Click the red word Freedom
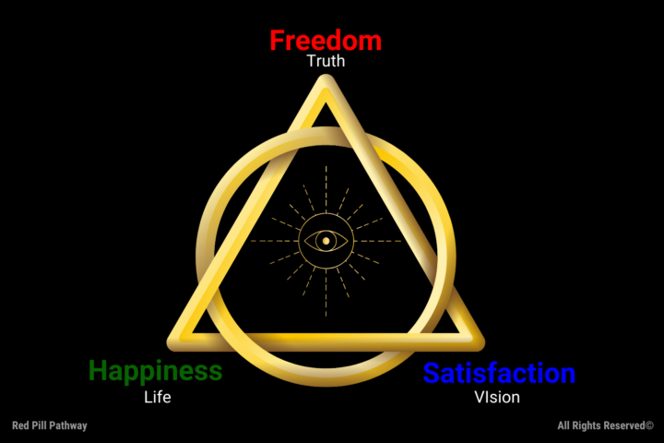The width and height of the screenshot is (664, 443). click(x=325, y=41)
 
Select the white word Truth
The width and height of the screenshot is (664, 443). click(x=325, y=63)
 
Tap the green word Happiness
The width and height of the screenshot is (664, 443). click(x=155, y=372)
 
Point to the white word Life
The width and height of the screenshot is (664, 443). click(x=158, y=398)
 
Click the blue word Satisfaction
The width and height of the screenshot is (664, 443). click(x=499, y=374)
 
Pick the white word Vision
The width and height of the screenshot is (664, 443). click(x=497, y=398)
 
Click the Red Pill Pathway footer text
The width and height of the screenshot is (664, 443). click(x=50, y=425)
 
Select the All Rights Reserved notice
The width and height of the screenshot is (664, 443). click(x=605, y=425)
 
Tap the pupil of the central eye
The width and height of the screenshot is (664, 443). click(x=325, y=242)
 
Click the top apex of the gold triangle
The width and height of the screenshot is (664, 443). click(x=325, y=83)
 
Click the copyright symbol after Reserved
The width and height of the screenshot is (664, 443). click(x=649, y=425)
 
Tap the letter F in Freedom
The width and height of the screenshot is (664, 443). click(x=277, y=41)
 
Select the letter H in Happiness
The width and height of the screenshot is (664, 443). click(x=99, y=371)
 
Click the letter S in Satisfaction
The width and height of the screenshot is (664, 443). click(x=433, y=374)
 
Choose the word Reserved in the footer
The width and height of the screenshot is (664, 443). click(x=620, y=425)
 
